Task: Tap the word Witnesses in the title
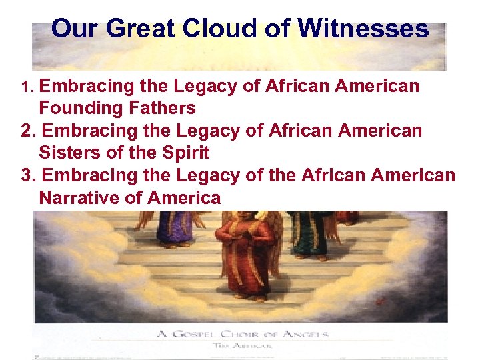tap(363, 29)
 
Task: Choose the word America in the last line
tap(184, 197)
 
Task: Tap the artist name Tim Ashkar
tap(241, 345)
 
